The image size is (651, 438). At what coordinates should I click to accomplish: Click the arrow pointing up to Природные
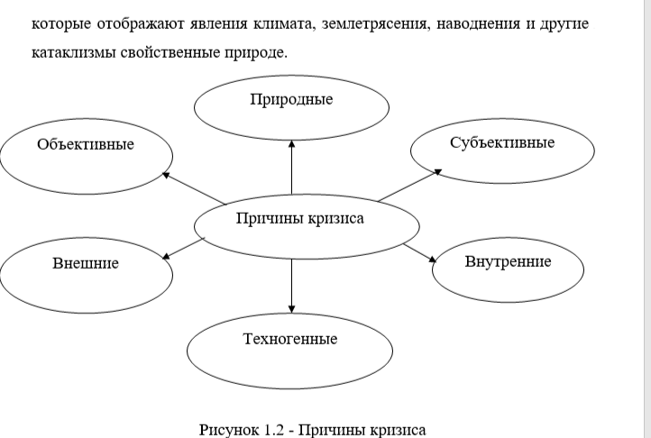pos(291,166)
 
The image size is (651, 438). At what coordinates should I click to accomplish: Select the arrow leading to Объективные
pos(193,187)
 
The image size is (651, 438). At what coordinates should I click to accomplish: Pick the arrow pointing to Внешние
pos(184,248)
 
